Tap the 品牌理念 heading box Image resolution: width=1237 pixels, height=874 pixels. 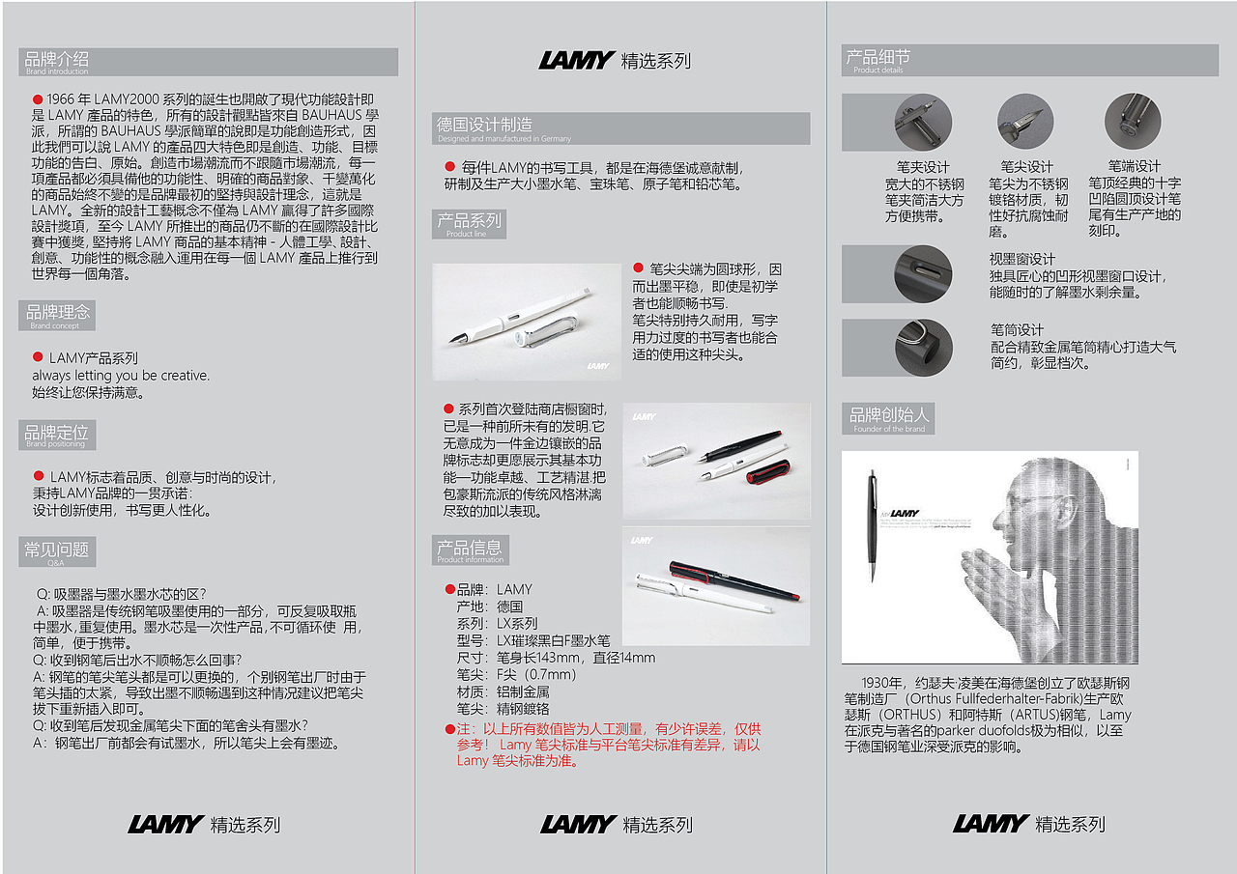point(57,315)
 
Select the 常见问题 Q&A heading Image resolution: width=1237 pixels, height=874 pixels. point(57,551)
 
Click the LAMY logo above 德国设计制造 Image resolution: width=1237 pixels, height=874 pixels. point(576,60)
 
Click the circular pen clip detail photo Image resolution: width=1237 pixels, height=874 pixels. point(923,123)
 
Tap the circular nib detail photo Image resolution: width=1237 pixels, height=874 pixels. point(1025,122)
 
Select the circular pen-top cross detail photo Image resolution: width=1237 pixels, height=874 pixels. point(1133,121)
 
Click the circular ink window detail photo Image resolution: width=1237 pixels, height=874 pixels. point(923,273)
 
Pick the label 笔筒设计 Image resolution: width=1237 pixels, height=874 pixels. point(1017,330)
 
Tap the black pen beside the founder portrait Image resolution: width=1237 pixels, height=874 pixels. point(873,525)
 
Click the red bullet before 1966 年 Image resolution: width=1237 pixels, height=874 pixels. point(38,99)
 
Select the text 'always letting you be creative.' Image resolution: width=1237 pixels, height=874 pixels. point(121,376)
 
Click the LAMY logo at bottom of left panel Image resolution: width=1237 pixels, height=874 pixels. point(165,825)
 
